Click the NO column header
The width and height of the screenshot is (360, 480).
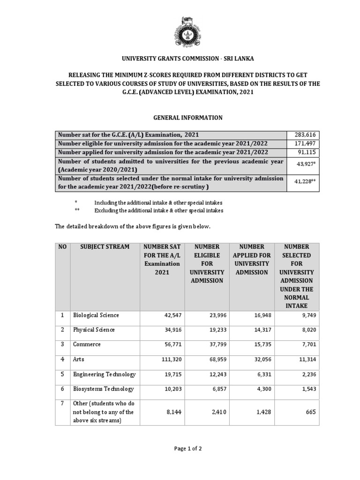click(62, 247)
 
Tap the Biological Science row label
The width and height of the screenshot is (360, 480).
click(96, 315)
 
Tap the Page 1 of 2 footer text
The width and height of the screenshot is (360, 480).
click(187, 448)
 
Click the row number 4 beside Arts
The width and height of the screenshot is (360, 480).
click(62, 359)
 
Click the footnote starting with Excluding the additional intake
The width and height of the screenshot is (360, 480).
click(159, 210)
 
